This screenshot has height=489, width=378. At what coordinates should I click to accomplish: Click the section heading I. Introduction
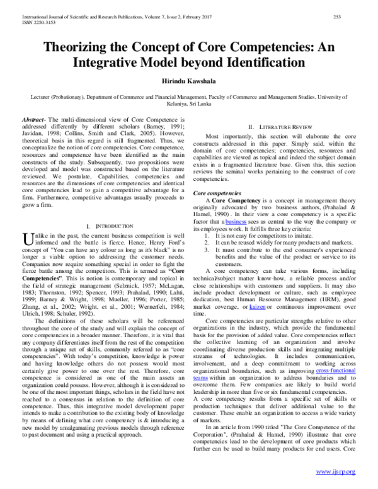tap(108, 225)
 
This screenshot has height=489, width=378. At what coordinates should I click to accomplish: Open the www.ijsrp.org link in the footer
tap(336, 472)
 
